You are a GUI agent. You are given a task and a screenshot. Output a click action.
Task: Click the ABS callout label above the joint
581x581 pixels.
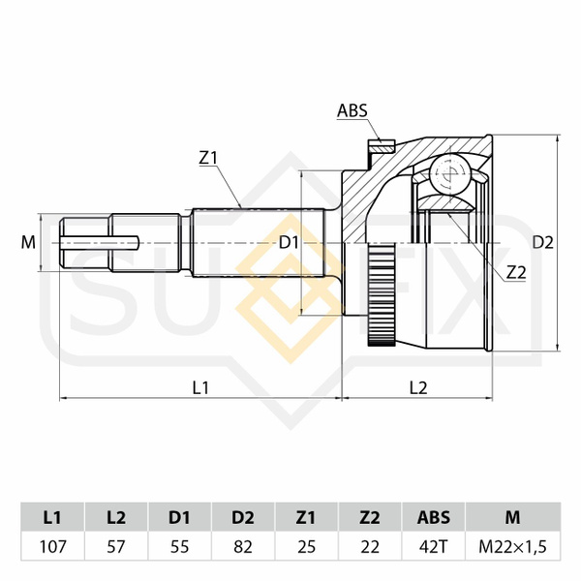(x=352, y=110)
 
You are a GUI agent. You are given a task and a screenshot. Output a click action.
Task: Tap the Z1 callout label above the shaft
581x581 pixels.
(x=207, y=158)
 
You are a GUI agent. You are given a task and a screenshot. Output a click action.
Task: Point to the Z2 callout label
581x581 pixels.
(x=516, y=273)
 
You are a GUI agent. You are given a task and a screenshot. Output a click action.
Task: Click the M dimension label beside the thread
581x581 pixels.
(x=28, y=242)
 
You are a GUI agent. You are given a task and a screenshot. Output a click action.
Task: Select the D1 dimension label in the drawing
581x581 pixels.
(x=289, y=243)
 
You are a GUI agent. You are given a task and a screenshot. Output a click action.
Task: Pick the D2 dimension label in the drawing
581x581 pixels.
(x=543, y=242)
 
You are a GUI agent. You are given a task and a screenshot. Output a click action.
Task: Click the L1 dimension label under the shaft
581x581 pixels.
(x=200, y=387)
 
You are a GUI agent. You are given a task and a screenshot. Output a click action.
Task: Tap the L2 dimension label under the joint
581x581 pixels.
(x=418, y=387)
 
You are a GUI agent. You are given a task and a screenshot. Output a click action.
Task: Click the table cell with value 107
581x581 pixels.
(x=52, y=546)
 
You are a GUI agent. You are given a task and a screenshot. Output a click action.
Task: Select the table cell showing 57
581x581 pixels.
(x=116, y=546)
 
